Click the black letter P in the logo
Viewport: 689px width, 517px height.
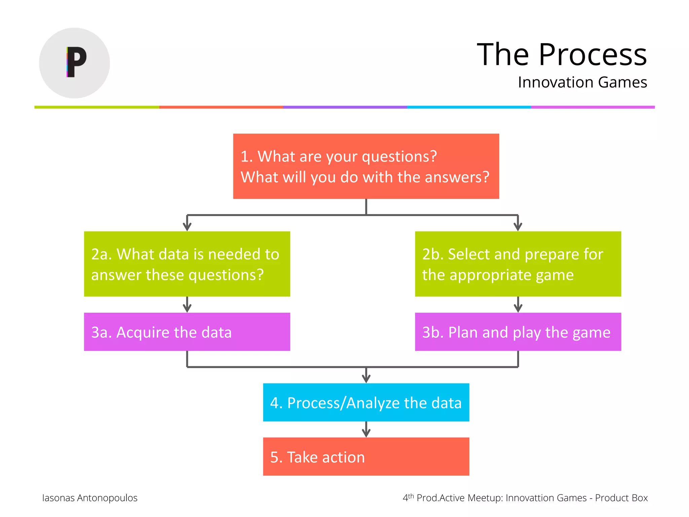pyautogui.click(x=77, y=62)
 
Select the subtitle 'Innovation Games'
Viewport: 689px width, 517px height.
pyautogui.click(x=582, y=82)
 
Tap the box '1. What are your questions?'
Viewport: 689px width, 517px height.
pyautogui.click(x=366, y=166)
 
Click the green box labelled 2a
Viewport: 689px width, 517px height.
pyautogui.click(x=187, y=264)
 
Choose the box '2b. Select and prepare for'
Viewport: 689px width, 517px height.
pyautogui.click(x=518, y=264)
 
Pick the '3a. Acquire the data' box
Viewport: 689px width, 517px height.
pyautogui.click(x=187, y=332)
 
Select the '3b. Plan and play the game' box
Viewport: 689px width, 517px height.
pyautogui.click(x=518, y=332)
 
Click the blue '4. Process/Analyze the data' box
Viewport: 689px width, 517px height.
pyautogui.click(x=366, y=403)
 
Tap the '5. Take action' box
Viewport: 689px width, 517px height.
pyautogui.click(x=366, y=457)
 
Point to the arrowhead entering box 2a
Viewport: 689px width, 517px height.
pyautogui.click(x=187, y=227)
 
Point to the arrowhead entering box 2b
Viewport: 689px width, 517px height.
pyautogui.click(x=518, y=227)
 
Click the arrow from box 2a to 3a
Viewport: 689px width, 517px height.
pyautogui.click(x=187, y=305)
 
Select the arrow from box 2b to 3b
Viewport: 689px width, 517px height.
pyautogui.click(x=518, y=305)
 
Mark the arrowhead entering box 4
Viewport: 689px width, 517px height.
pyautogui.click(x=366, y=379)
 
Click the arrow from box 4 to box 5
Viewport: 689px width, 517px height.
pyautogui.click(x=366, y=430)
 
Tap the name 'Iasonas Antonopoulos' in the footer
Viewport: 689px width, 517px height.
pyautogui.click(x=90, y=498)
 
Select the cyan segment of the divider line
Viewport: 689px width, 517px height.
pyautogui.click(x=469, y=107)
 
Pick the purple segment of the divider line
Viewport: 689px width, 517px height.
pyautogui.click(x=345, y=107)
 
